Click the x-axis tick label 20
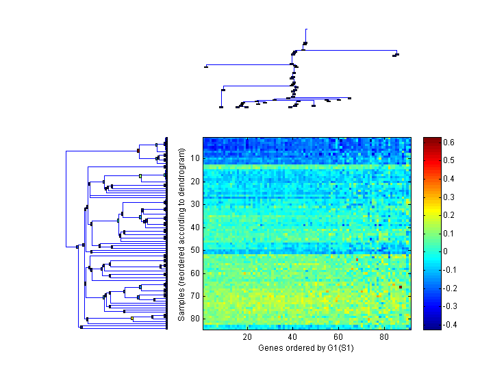point(247,337)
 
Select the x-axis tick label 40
point(293,337)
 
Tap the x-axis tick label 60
point(338,337)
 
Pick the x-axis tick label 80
point(383,337)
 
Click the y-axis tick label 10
point(195,158)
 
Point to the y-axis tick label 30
point(195,204)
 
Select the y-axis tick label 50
point(195,249)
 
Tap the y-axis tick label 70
point(195,295)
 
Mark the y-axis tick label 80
point(195,318)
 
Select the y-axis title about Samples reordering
point(181,233)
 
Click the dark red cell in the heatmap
point(401,287)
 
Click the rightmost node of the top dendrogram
point(396,54)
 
